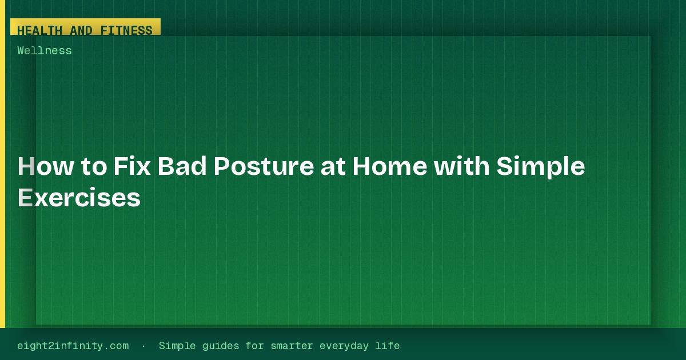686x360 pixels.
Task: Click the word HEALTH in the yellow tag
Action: [39, 30]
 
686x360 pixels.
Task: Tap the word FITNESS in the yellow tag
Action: [126, 30]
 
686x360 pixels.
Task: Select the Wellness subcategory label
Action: [45, 50]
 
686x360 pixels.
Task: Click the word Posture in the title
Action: [264, 166]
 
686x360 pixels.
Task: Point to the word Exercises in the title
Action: [79, 198]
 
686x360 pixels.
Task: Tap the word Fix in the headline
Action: [132, 166]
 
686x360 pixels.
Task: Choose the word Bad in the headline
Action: [182, 166]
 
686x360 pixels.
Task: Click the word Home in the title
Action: [390, 166]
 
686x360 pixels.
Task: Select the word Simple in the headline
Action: [541, 166]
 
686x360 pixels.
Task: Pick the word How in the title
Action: [46, 166]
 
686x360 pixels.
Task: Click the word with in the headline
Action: [462, 166]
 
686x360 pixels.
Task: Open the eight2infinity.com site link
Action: [73, 346]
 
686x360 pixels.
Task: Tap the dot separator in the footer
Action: [143, 346]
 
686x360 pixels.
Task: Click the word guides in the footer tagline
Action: [221, 346]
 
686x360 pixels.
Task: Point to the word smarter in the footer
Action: [292, 346]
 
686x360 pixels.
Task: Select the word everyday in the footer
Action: [344, 346]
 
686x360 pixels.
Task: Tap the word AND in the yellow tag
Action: [81, 30]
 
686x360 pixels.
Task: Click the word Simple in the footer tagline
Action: [177, 346]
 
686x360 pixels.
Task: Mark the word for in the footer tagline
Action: [255, 346]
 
